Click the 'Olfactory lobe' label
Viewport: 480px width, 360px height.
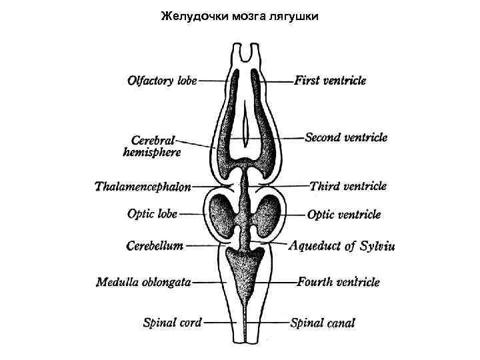coord(162,81)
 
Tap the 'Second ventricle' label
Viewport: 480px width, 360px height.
coord(345,137)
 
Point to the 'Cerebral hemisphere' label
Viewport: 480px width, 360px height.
coord(152,146)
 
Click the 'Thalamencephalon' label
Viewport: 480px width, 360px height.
coord(143,187)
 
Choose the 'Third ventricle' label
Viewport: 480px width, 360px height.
coord(347,186)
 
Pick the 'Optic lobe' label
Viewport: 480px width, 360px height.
coord(152,214)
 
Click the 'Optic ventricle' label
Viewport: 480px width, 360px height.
coord(344,215)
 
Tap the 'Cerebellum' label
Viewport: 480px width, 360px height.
coord(155,245)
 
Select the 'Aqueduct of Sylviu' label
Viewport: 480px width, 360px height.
coord(343,246)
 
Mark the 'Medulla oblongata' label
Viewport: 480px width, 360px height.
coord(143,281)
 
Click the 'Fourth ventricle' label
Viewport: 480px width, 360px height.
coord(338,282)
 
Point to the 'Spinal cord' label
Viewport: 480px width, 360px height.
coord(172,323)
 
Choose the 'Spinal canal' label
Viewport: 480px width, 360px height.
coord(323,323)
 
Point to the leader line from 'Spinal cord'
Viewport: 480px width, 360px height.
coord(220,323)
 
